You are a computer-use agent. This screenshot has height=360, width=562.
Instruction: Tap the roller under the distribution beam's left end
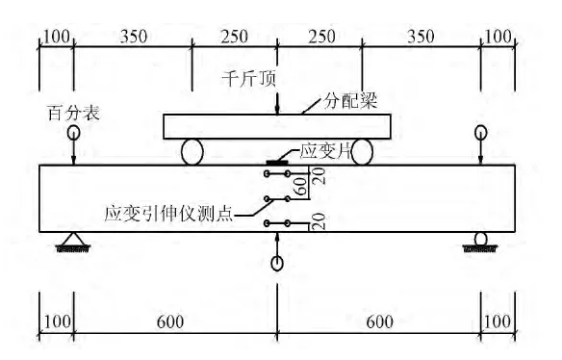pyautogui.click(x=192, y=153)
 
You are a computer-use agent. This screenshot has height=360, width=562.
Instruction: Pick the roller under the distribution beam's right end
pyautogui.click(x=362, y=152)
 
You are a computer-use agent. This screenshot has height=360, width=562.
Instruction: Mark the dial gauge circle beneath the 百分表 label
pyautogui.click(x=73, y=132)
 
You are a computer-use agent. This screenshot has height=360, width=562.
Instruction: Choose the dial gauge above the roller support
pyautogui.click(x=480, y=132)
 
